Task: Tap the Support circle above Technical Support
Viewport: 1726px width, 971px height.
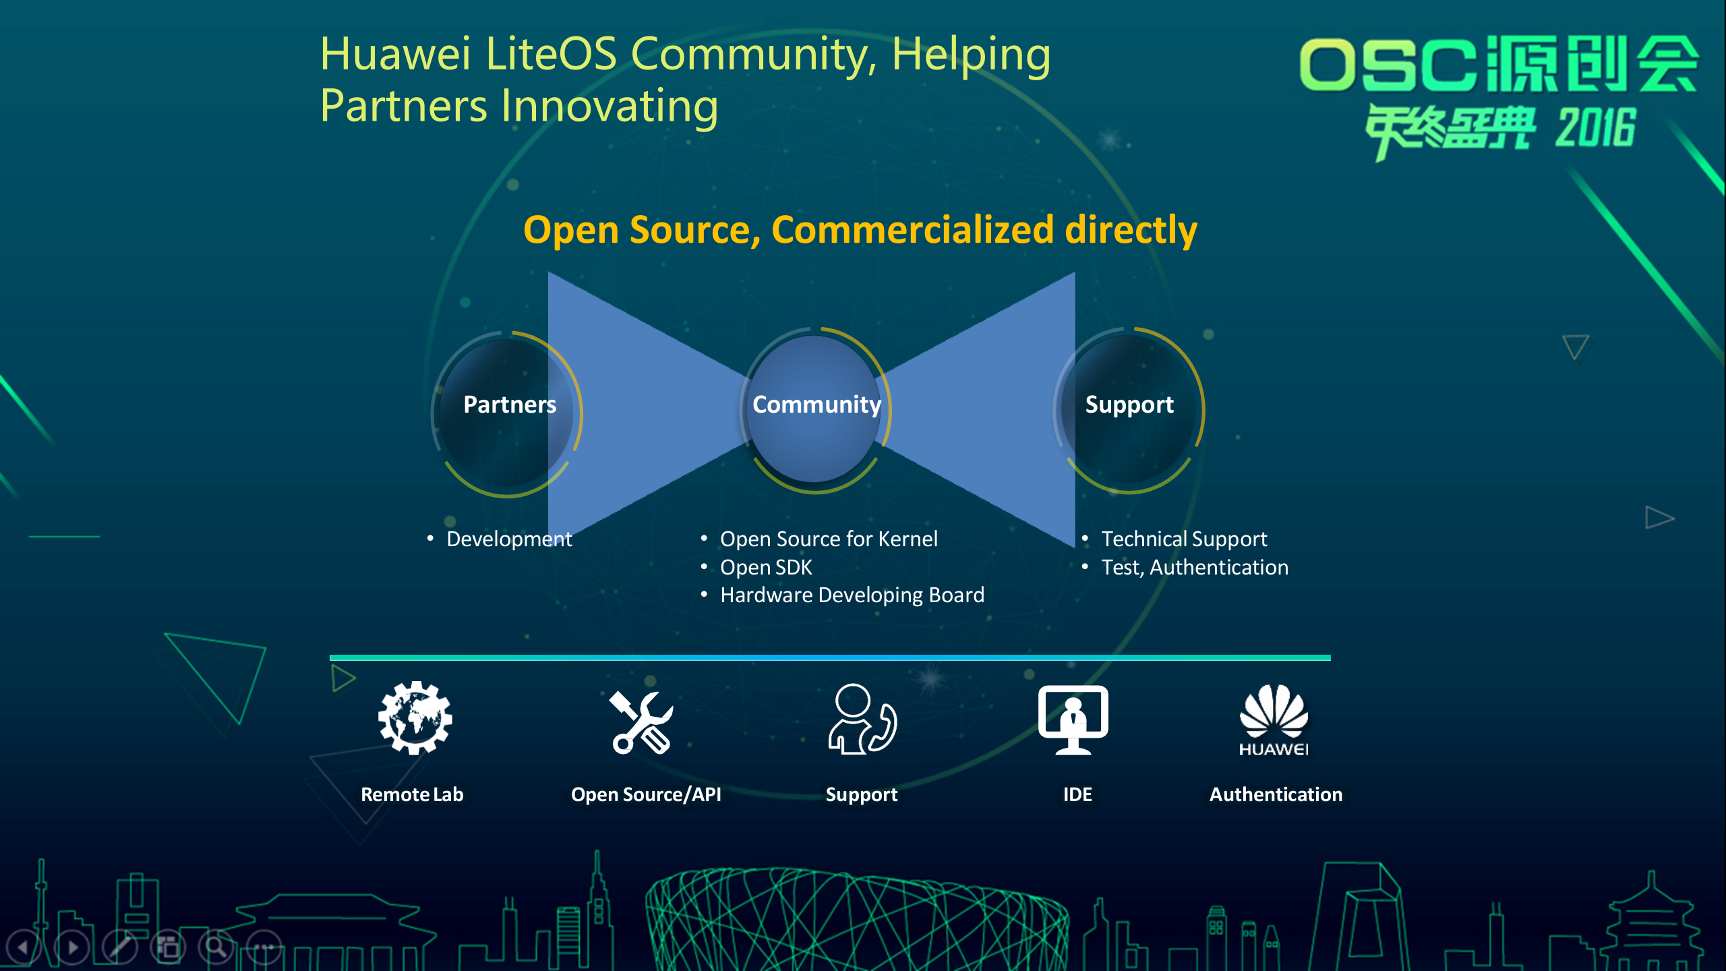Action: pyautogui.click(x=1129, y=410)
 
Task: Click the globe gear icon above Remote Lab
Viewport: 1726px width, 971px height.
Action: pyautogui.click(x=415, y=717)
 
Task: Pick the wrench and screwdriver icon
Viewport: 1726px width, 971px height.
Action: pyautogui.click(x=641, y=722)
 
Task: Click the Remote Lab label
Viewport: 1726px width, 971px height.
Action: pyautogui.click(x=412, y=794)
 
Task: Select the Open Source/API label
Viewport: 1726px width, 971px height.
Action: pyautogui.click(x=646, y=794)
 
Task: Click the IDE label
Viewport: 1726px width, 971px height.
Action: pyautogui.click(x=1077, y=794)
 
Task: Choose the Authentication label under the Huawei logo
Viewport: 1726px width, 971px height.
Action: pyautogui.click(x=1276, y=794)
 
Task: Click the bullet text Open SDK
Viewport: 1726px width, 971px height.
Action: pyautogui.click(x=766, y=567)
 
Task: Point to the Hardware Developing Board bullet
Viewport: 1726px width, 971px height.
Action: pyautogui.click(x=852, y=595)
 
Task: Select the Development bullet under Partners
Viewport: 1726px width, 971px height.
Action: pyautogui.click(x=509, y=539)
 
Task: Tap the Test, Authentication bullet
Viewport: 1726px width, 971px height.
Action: pyautogui.click(x=1195, y=567)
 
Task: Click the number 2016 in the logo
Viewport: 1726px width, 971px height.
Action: pyautogui.click(x=1595, y=128)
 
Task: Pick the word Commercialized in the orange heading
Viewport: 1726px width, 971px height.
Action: pyautogui.click(x=912, y=229)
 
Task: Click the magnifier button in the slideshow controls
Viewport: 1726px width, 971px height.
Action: pyautogui.click(x=216, y=947)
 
